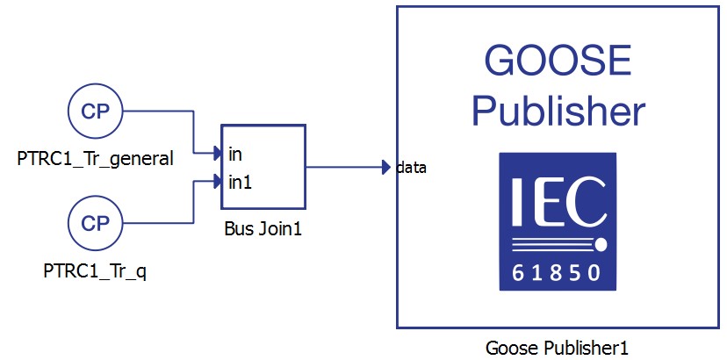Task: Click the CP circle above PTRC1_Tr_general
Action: [95, 112]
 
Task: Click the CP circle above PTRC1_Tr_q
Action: [95, 223]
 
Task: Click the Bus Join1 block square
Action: [263, 167]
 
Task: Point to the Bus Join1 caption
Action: [263, 233]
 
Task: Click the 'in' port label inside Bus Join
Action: [235, 155]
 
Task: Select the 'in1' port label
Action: [239, 183]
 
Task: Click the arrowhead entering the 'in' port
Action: [217, 155]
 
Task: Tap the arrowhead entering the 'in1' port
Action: [217, 183]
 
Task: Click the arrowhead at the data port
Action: [386, 167]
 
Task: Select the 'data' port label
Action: [411, 167]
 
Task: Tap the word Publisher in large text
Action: [558, 112]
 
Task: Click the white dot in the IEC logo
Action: [602, 242]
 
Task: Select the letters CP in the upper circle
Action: [95, 112]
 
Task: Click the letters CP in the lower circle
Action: [95, 223]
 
